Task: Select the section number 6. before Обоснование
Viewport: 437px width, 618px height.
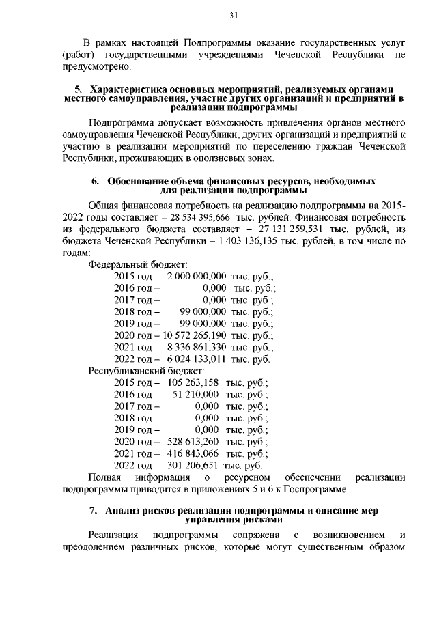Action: (96, 181)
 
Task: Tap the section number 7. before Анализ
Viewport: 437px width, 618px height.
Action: (94, 511)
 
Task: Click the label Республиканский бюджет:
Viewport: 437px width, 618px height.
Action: (142, 371)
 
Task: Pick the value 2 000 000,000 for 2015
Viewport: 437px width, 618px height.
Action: (196, 277)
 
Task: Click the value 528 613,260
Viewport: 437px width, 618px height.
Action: (193, 442)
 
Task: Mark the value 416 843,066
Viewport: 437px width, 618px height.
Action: (193, 453)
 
